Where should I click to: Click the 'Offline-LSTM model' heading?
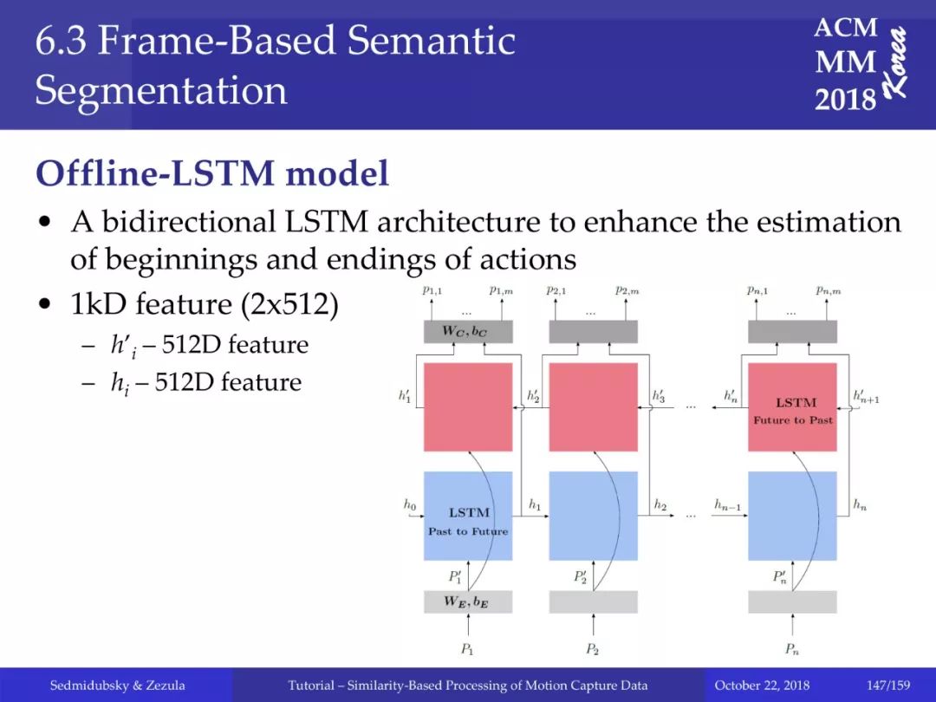[212, 173]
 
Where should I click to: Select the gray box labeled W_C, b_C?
[468, 331]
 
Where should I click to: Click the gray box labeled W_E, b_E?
[468, 601]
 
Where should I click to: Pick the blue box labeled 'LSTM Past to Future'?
[468, 516]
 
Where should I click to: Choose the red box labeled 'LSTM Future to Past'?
[793, 407]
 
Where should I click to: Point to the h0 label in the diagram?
[409, 505]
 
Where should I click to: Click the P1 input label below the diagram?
[467, 649]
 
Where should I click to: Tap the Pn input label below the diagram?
[792, 649]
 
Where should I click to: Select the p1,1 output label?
[432, 290]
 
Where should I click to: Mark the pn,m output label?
[829, 290]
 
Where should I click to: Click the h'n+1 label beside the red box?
[866, 396]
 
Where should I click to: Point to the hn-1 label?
[728, 505]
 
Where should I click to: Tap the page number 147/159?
[888, 686]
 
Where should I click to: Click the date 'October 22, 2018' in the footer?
[762, 686]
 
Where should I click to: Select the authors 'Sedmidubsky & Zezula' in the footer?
[118, 686]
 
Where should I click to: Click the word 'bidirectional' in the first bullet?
[189, 222]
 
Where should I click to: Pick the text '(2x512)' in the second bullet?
[290, 304]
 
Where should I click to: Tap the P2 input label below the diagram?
[592, 649]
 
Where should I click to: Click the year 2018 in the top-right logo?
[845, 99]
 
